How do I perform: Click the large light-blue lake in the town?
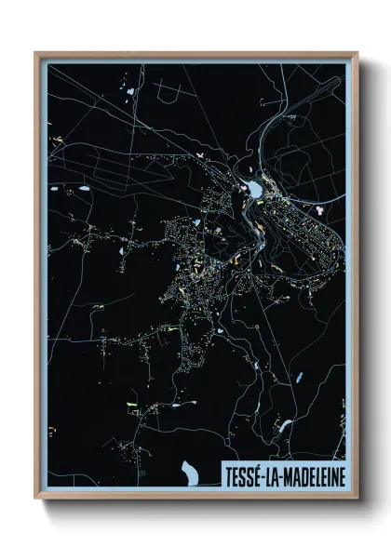[x=253, y=190]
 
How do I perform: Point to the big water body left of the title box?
[x=192, y=474]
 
